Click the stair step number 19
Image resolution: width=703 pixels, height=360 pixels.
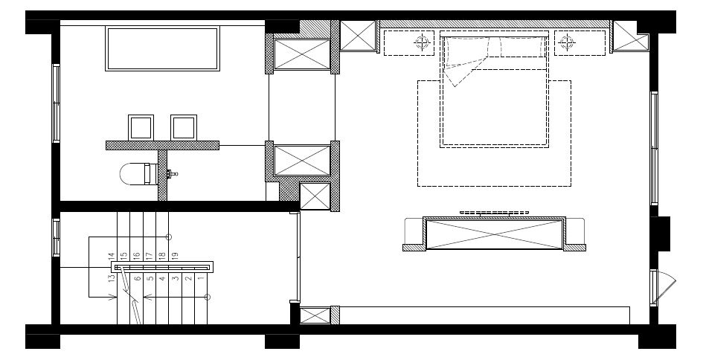pyautogui.click(x=176, y=256)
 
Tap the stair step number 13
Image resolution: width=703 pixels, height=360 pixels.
pyautogui.click(x=112, y=278)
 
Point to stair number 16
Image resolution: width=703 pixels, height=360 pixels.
pyautogui.click(x=137, y=256)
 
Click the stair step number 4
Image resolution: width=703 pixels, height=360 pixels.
pyautogui.click(x=162, y=278)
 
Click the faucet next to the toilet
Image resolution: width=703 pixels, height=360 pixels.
pyautogui.click(x=172, y=173)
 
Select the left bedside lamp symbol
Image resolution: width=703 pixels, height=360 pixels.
pyautogui.click(x=422, y=42)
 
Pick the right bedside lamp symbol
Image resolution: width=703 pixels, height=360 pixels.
pyautogui.click(x=567, y=42)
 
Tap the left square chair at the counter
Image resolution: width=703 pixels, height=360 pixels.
pyautogui.click(x=141, y=127)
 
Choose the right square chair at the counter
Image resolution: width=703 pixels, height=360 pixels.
pyautogui.click(x=183, y=127)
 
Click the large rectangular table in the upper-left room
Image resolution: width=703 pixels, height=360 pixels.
pyautogui.click(x=162, y=48)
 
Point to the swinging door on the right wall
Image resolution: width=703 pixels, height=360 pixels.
pyautogui.click(x=664, y=287)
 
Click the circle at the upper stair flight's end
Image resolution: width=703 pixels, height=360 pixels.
pyautogui.click(x=169, y=237)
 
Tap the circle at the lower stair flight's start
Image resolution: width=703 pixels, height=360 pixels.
pyautogui.click(x=207, y=297)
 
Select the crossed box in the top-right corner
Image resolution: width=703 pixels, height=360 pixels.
pyautogui.click(x=630, y=36)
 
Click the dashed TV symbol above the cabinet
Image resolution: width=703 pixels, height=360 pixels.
pyautogui.click(x=494, y=213)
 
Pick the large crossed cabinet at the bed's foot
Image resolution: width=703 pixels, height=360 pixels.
pyautogui.click(x=494, y=234)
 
